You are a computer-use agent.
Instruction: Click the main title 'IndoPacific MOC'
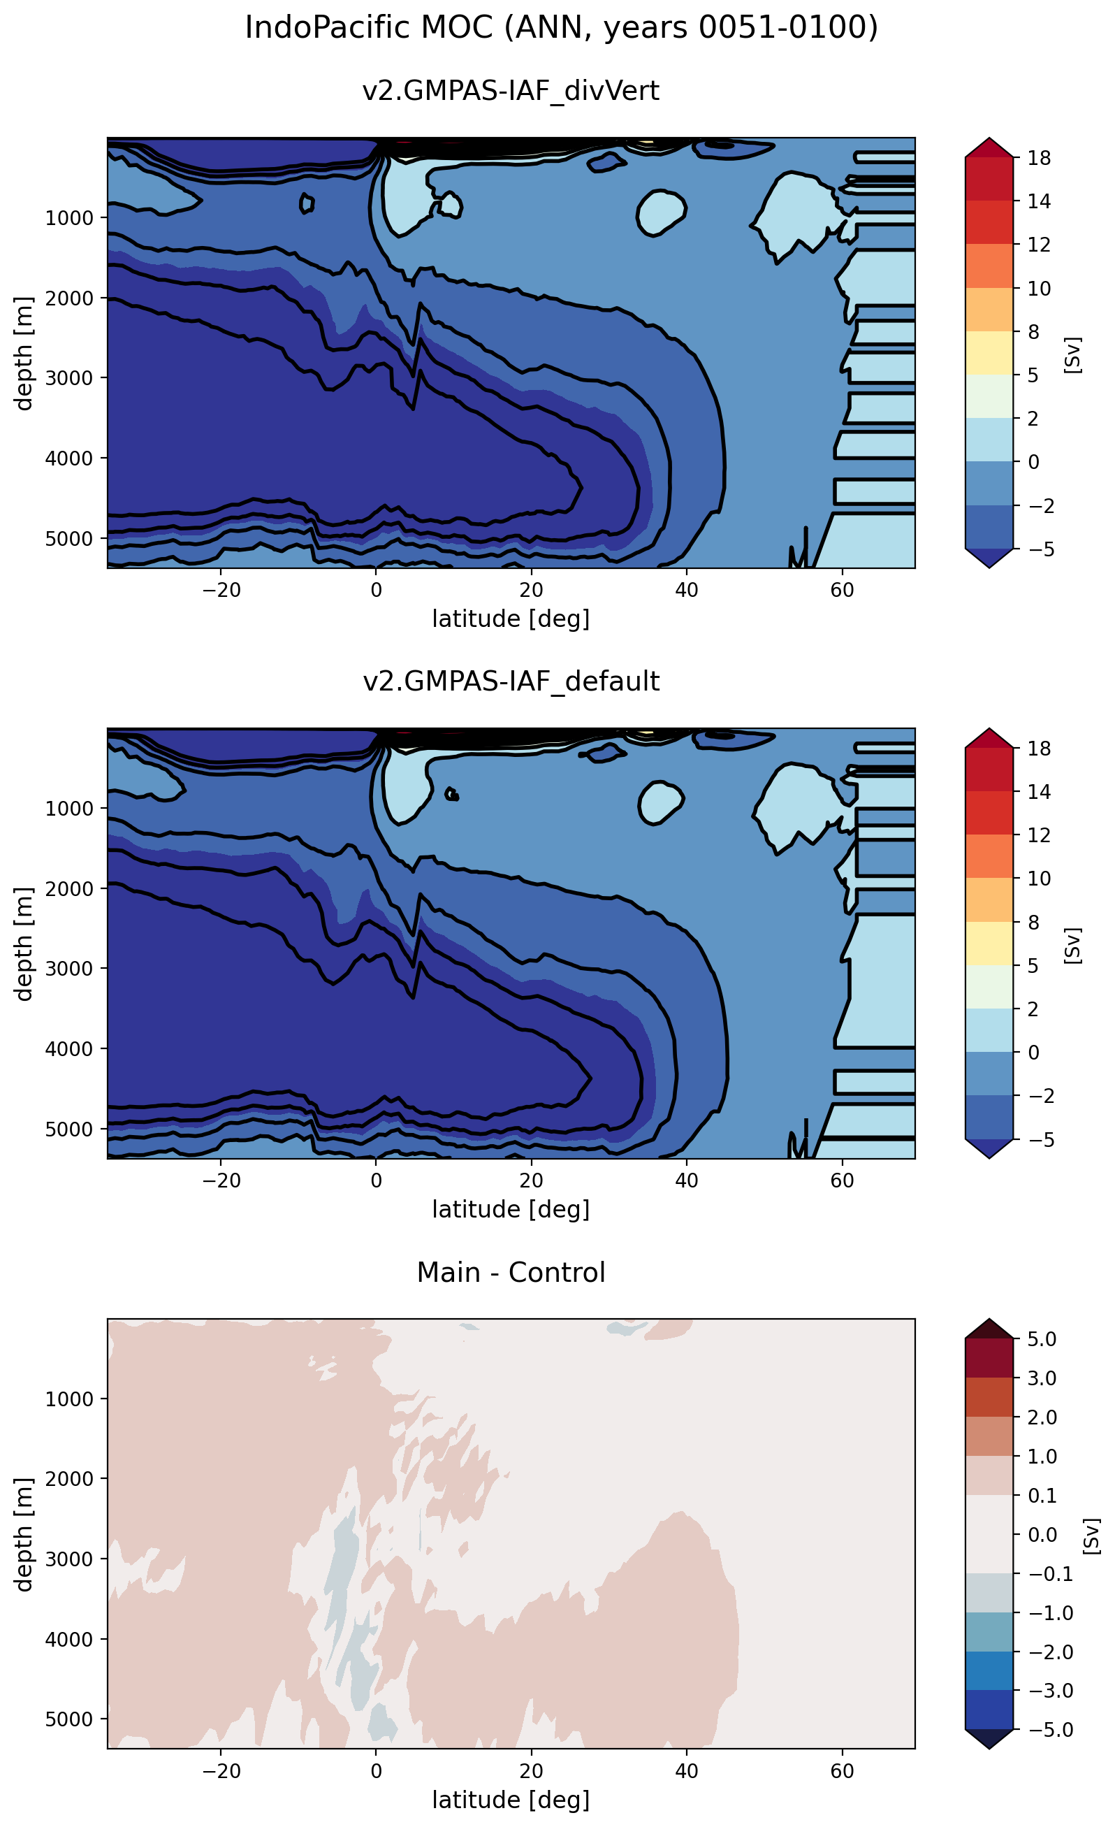pyautogui.click(x=560, y=28)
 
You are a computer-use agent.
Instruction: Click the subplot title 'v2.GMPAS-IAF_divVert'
pyautogui.click(x=510, y=90)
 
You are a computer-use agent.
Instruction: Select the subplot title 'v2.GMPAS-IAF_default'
pyautogui.click(x=510, y=681)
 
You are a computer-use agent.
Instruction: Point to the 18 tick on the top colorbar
pyautogui.click(x=1039, y=158)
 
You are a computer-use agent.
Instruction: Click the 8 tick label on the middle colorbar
pyautogui.click(x=1033, y=922)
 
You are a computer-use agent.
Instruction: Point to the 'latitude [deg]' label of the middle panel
pyautogui.click(x=510, y=1209)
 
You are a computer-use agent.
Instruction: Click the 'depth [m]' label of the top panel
pyautogui.click(x=24, y=353)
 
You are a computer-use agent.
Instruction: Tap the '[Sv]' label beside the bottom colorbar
pyautogui.click(x=1091, y=1536)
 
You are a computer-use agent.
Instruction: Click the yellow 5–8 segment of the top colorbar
pyautogui.click(x=989, y=352)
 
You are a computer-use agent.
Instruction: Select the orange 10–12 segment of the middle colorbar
pyautogui.click(x=989, y=855)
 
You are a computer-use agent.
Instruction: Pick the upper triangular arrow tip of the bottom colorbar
pyautogui.click(x=989, y=1328)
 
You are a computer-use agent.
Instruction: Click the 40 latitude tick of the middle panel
pyautogui.click(x=686, y=1180)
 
